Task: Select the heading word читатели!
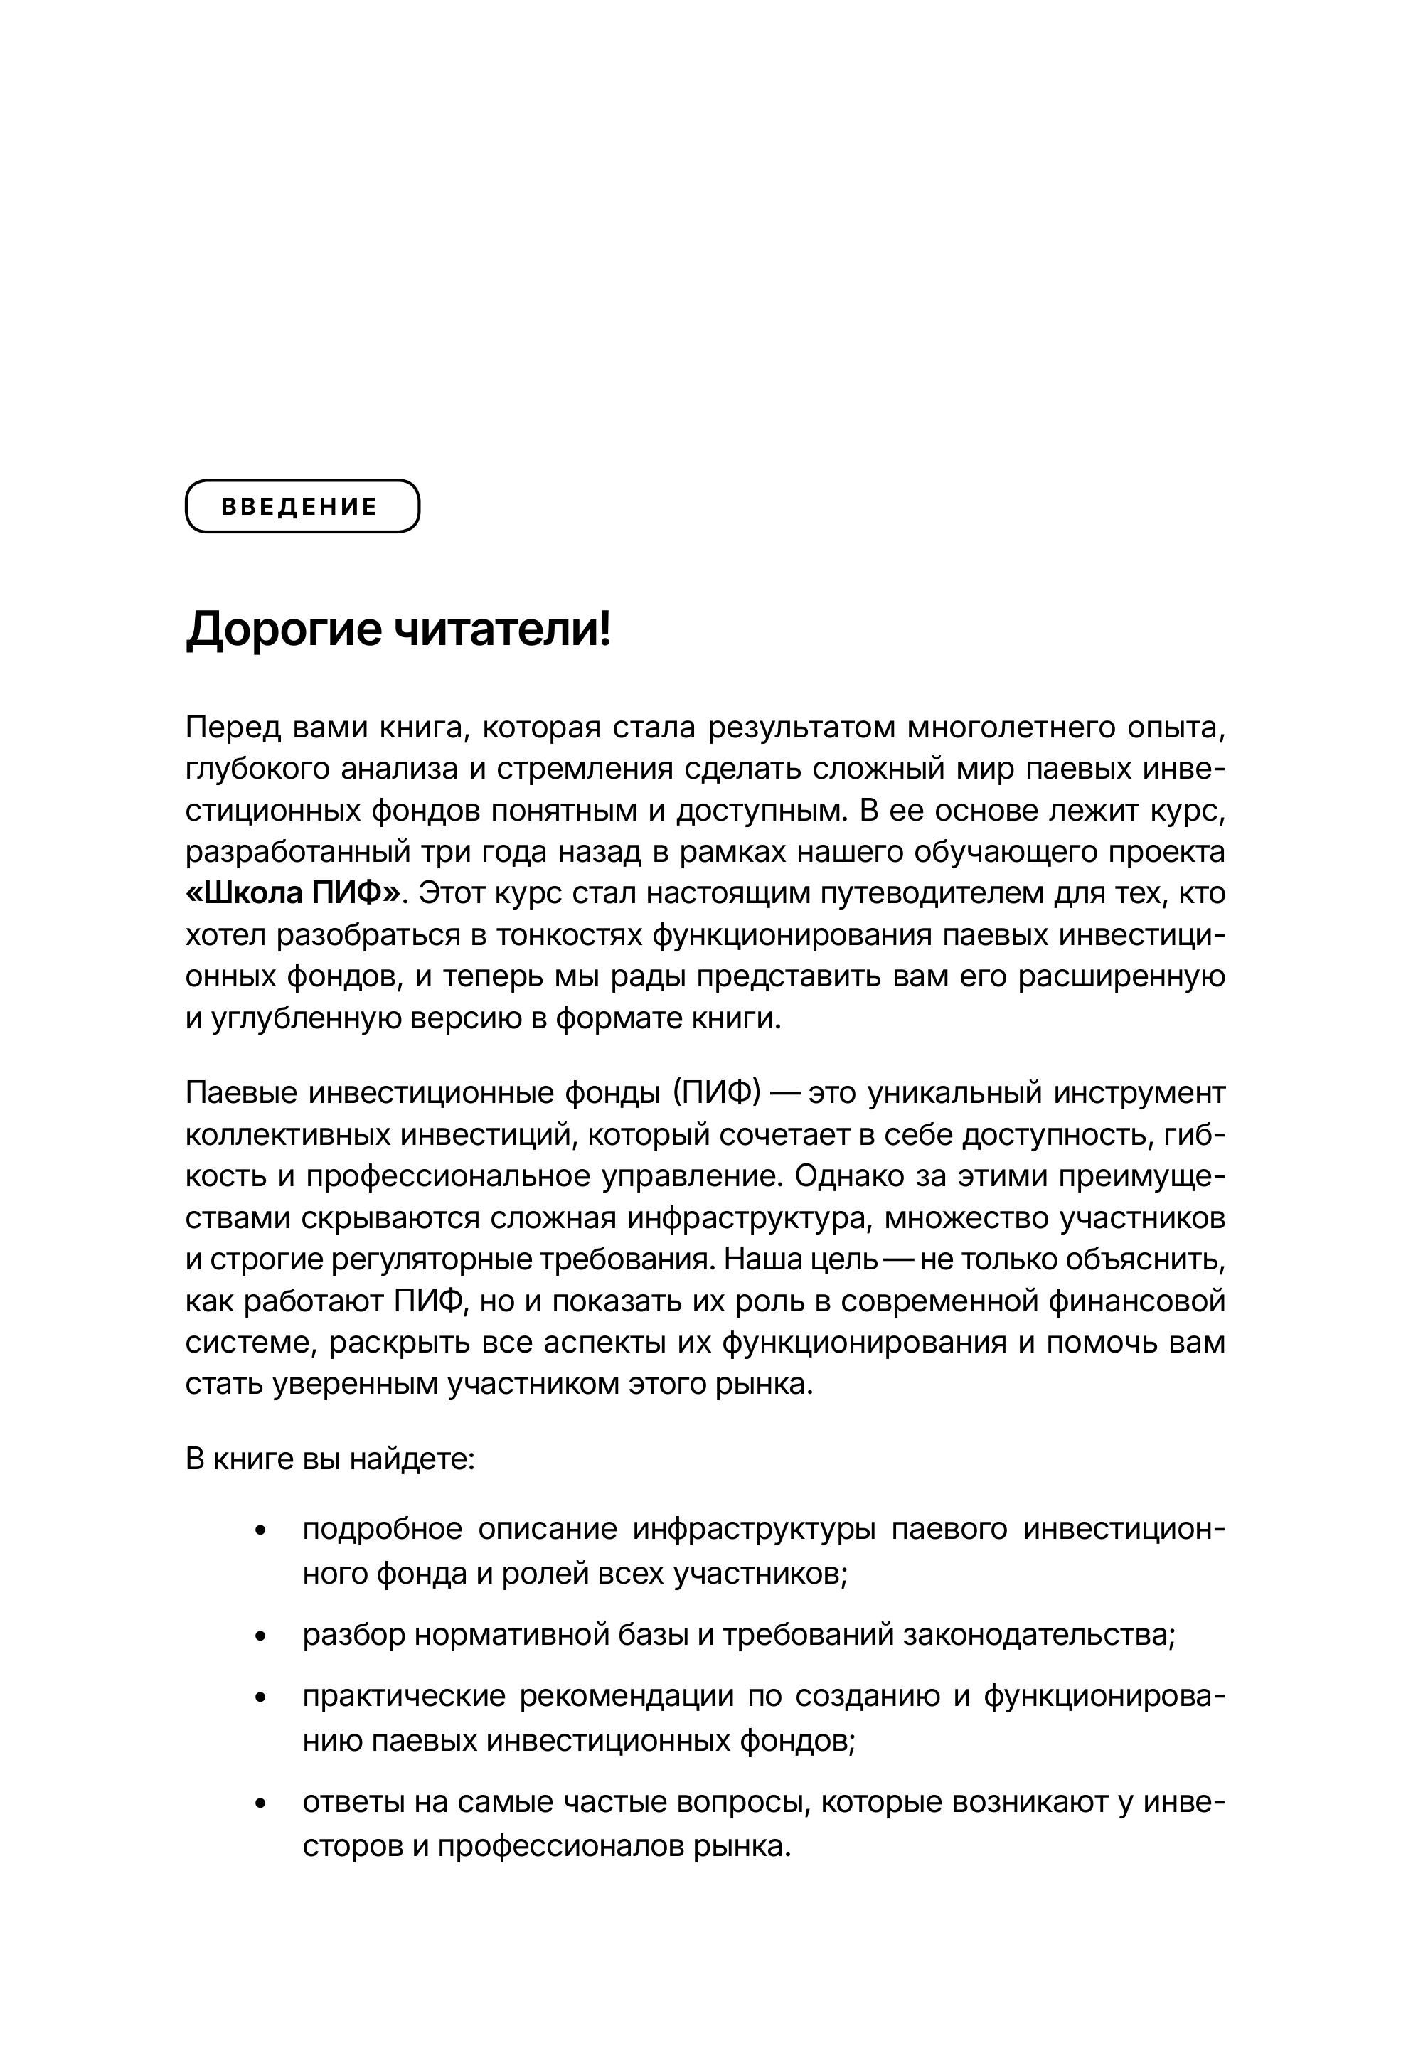click(503, 629)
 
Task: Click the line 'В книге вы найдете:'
click(329, 1459)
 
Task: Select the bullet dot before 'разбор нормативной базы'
click(260, 1636)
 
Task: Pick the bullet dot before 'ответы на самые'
click(260, 1803)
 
